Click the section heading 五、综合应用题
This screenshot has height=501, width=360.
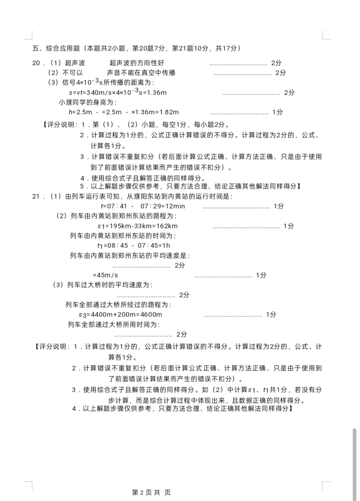tap(56, 48)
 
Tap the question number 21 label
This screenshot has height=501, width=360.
tap(36, 196)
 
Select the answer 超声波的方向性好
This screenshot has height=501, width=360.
tap(137, 63)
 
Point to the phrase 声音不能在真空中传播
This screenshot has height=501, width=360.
tap(141, 73)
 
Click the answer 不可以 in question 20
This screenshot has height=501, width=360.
tap(73, 73)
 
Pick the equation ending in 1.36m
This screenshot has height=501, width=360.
tap(118, 93)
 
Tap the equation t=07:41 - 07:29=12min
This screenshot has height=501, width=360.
tap(143, 206)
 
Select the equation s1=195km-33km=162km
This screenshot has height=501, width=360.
tap(137, 226)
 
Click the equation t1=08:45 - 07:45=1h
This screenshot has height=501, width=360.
tap(133, 246)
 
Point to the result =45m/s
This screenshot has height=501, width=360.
tap(105, 275)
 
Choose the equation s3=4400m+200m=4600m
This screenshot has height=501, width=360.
tap(120, 315)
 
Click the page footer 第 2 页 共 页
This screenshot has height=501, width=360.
tap(151, 493)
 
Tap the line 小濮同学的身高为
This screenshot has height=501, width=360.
tap(88, 102)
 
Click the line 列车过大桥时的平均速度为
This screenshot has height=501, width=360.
tap(103, 285)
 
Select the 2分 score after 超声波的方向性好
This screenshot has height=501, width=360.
tap(276, 63)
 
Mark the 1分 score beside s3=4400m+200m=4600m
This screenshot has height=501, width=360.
tap(271, 315)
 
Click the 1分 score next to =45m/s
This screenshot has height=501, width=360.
tap(261, 275)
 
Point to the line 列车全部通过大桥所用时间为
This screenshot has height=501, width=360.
tap(114, 325)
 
